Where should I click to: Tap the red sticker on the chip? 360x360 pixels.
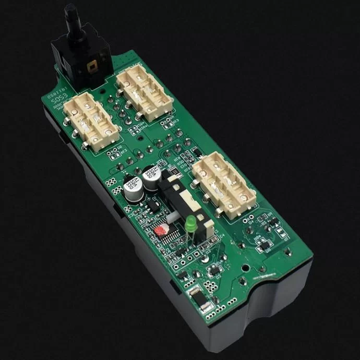tap(161, 230)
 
